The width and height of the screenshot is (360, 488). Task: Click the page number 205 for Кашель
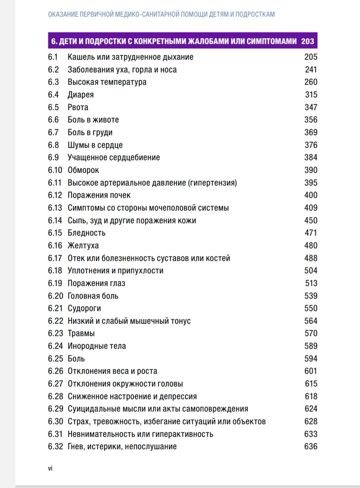(311, 57)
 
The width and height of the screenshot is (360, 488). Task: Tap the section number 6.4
(53, 95)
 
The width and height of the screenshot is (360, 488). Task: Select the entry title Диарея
(81, 95)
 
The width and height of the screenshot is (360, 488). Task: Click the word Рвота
(78, 108)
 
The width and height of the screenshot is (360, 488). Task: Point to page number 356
(311, 120)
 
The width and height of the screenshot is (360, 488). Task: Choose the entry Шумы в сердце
(95, 145)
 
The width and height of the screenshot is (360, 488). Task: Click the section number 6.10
(55, 170)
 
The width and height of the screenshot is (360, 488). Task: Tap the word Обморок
(83, 170)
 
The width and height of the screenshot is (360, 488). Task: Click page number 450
(311, 220)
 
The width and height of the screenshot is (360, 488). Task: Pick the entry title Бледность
(86, 233)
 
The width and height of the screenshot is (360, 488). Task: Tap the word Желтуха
(83, 246)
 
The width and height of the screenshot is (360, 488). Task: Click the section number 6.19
(55, 283)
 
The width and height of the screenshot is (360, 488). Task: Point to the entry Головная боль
(93, 296)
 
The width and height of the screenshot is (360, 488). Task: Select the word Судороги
(84, 308)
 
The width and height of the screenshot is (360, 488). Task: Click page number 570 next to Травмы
(311, 334)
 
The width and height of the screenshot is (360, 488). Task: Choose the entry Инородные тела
(97, 346)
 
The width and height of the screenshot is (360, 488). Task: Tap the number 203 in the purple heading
(308, 41)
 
